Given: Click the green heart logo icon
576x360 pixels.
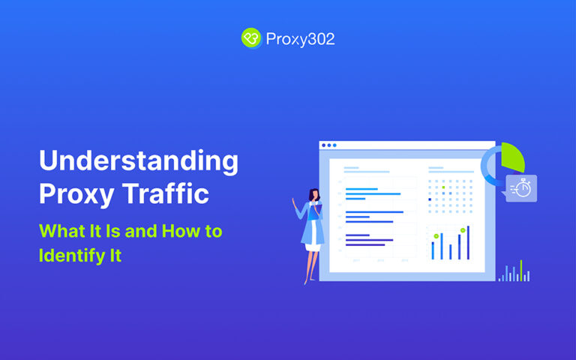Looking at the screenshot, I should [250, 38].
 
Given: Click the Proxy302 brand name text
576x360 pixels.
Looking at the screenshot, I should [300, 39].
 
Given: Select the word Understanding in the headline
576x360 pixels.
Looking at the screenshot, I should [139, 161].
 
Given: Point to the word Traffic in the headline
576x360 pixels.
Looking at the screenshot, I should [166, 194].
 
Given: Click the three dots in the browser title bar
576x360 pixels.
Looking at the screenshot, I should [328, 145].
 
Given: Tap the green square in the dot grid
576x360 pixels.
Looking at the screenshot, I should [443, 187].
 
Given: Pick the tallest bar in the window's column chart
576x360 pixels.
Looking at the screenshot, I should [468, 242].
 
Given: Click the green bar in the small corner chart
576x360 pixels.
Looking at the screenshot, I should [520, 271].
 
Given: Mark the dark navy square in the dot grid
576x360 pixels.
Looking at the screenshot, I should [430, 199].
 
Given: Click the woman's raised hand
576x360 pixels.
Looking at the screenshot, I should [293, 201].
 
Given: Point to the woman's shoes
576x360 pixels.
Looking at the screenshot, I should [307, 281].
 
